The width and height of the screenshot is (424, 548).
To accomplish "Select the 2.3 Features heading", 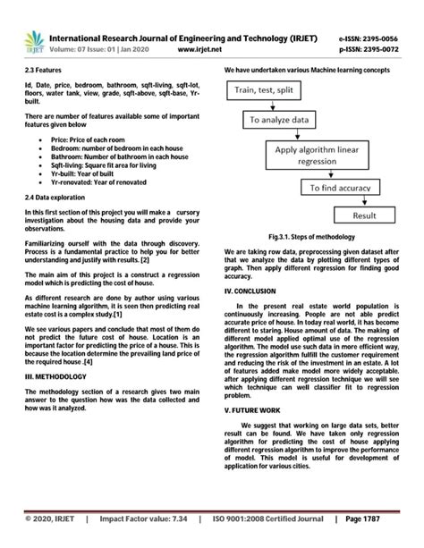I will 44,69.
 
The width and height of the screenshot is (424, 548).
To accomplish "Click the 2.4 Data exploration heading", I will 57,196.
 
